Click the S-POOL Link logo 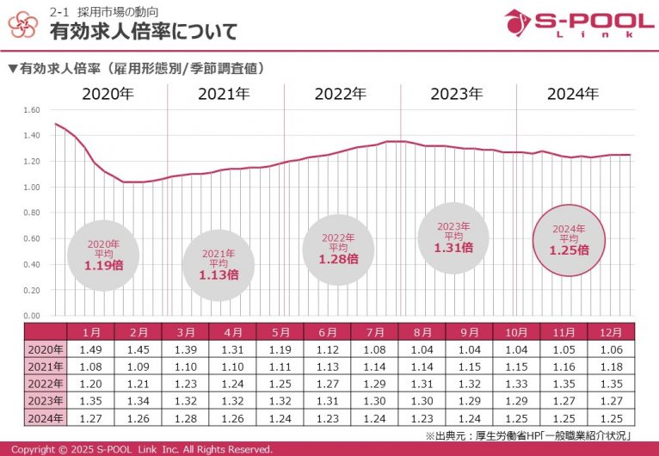[x=578, y=24]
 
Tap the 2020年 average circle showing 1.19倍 [x=104, y=256]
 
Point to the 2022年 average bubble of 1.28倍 [x=338, y=250]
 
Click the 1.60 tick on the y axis [x=33, y=110]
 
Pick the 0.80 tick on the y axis [x=33, y=213]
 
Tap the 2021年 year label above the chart [x=224, y=95]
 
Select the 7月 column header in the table [x=374, y=332]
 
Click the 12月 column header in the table [x=611, y=332]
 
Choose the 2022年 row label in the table [x=46, y=384]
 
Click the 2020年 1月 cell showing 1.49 [x=90, y=349]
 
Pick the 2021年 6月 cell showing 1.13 [x=327, y=367]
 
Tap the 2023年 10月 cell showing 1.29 [x=516, y=401]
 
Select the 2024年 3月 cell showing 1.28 [x=185, y=418]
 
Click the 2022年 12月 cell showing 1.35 [x=611, y=384]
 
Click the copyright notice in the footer [x=142, y=449]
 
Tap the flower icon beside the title [x=23, y=25]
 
